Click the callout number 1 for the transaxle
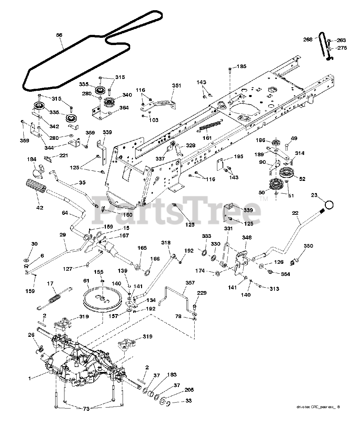tap(30, 379)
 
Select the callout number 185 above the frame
tap(241, 66)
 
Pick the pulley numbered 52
tap(286, 174)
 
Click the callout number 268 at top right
tap(308, 39)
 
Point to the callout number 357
tap(190, 283)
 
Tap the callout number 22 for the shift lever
tap(296, 213)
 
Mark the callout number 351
tap(177, 86)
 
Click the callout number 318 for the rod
tap(166, 242)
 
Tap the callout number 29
tap(63, 235)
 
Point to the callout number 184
tap(32, 160)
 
